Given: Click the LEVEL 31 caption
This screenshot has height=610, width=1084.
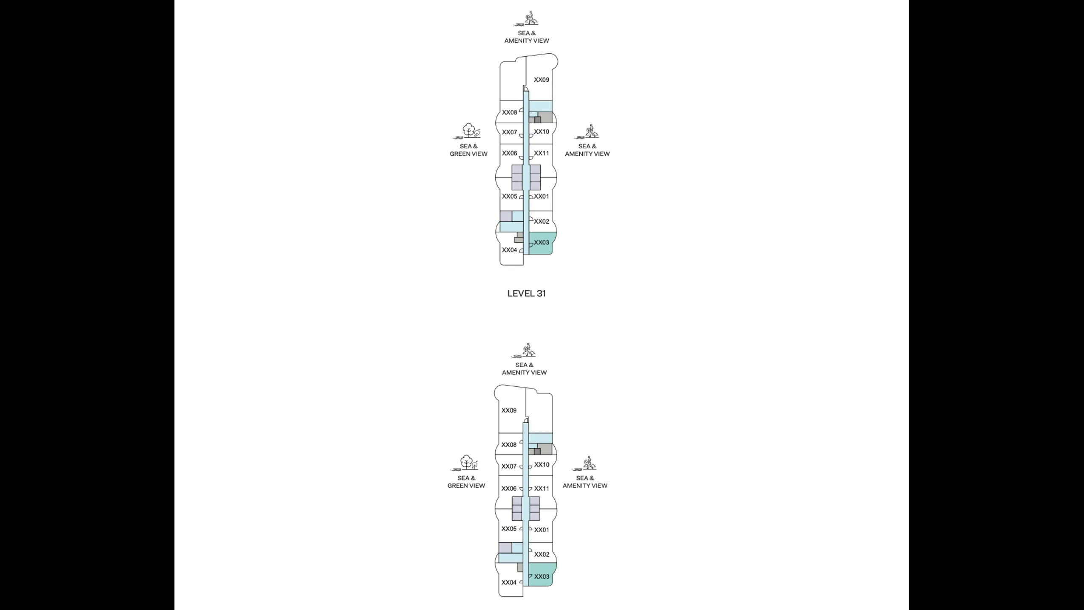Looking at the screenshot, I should click(x=526, y=293).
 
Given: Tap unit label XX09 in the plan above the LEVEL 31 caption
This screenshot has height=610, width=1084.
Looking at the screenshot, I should click(x=541, y=80).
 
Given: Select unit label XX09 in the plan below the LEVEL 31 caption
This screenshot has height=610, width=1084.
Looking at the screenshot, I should click(x=509, y=410).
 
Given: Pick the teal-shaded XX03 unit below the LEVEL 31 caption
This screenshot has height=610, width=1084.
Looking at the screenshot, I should click(x=541, y=577).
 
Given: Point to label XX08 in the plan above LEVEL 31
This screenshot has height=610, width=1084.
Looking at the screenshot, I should click(x=509, y=112).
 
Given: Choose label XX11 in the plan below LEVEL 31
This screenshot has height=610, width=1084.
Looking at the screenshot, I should click(x=541, y=488).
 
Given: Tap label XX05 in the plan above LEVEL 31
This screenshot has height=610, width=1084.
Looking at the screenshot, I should click(x=509, y=197).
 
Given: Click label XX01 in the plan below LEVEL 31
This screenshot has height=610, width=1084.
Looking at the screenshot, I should click(x=541, y=530).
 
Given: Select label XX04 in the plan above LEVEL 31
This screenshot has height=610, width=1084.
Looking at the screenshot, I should click(x=509, y=250).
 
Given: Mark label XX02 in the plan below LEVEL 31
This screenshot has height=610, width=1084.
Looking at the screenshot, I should click(x=541, y=555).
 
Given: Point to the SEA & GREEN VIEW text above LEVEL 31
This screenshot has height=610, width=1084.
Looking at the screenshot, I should click(x=468, y=150).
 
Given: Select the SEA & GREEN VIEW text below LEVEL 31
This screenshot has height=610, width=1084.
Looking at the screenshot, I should click(x=466, y=482).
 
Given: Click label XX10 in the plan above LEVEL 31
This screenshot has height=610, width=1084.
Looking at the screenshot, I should click(x=541, y=132).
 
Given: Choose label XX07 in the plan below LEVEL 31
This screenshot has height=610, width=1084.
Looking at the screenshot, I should click(x=509, y=466).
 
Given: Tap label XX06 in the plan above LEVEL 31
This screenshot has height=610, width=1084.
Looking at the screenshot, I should click(x=509, y=153).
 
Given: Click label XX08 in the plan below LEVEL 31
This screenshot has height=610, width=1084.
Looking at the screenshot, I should click(x=509, y=445).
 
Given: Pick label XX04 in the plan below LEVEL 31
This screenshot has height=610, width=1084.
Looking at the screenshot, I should click(x=509, y=582).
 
